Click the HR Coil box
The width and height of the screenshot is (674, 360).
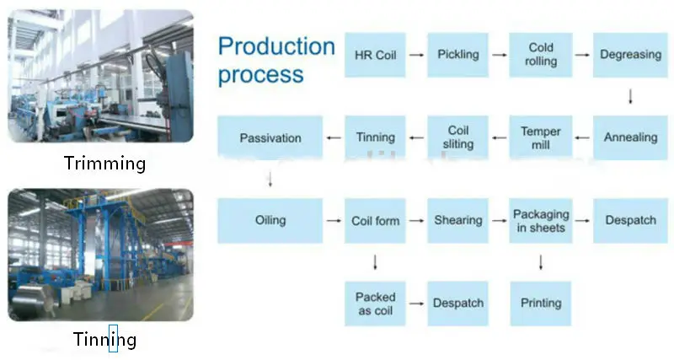[x=375, y=55]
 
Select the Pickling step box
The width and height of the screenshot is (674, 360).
[x=457, y=55]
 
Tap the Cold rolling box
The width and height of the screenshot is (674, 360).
[x=541, y=55]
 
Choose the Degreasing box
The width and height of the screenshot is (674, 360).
[x=630, y=55]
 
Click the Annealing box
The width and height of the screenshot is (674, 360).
[x=630, y=137]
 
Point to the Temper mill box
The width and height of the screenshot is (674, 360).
[x=541, y=137]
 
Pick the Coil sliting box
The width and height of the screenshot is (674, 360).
[x=457, y=137]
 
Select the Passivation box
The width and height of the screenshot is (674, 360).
[x=270, y=137]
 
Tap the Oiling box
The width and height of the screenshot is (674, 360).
[x=270, y=221]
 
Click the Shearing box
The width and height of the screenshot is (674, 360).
[x=457, y=221]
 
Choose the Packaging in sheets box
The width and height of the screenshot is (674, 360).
[x=541, y=221]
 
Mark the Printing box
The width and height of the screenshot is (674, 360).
[x=541, y=304]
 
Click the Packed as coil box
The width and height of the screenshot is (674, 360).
[x=375, y=304]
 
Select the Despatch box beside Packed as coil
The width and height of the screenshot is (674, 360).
[x=457, y=304]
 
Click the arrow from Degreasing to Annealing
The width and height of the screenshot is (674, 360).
[x=630, y=96]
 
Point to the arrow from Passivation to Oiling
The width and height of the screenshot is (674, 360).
[x=270, y=180]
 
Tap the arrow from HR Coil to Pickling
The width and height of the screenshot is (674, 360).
[x=416, y=55]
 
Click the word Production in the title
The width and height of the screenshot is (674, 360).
[x=276, y=46]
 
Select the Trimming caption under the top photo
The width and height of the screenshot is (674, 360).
[x=104, y=164]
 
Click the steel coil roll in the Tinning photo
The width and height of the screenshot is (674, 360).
[x=32, y=299]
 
